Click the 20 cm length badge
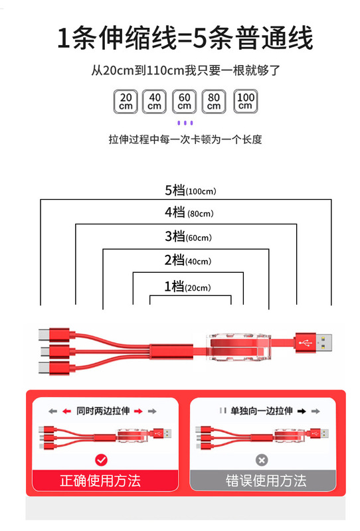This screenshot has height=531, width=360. click(126, 102)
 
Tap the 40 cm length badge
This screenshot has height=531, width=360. click(154, 102)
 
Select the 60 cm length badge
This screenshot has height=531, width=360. click(184, 102)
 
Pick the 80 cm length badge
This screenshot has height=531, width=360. click(214, 102)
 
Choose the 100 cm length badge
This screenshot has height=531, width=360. click(245, 102)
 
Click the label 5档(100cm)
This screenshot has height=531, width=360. click(190, 190)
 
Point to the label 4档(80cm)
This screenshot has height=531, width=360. click(189, 212)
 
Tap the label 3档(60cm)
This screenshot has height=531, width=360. click(188, 236)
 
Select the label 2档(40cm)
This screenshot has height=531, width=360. click(188, 260)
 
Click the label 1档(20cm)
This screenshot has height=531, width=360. click(187, 287)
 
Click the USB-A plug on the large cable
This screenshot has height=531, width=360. click(314, 343)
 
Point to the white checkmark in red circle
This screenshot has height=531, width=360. click(101, 460)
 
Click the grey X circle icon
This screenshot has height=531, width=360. click(261, 460)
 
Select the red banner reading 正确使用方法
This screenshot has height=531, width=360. click(106, 480)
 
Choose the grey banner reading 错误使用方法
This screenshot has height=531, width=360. click(263, 480)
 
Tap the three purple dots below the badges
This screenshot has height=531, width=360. click(185, 123)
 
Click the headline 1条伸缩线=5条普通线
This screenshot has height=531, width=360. click(185, 38)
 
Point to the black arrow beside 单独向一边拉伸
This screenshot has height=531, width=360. click(302, 411)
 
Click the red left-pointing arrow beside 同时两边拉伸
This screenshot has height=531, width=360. click(66, 411)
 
